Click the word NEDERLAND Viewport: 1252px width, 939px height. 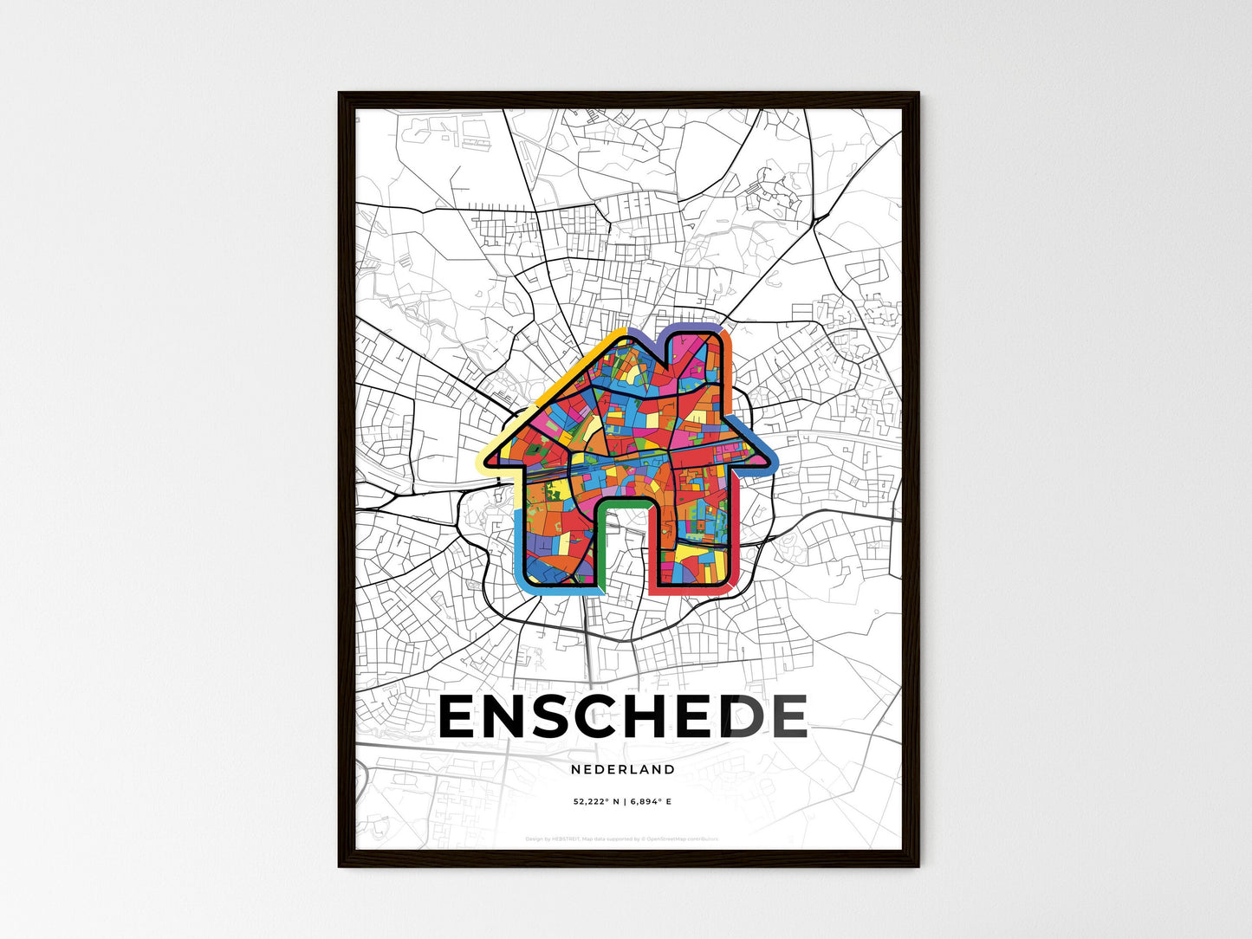click(623, 769)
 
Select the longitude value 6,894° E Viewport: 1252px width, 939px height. click(653, 802)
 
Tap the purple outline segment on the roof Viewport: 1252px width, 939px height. click(645, 336)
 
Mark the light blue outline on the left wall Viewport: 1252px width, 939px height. click(517, 546)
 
